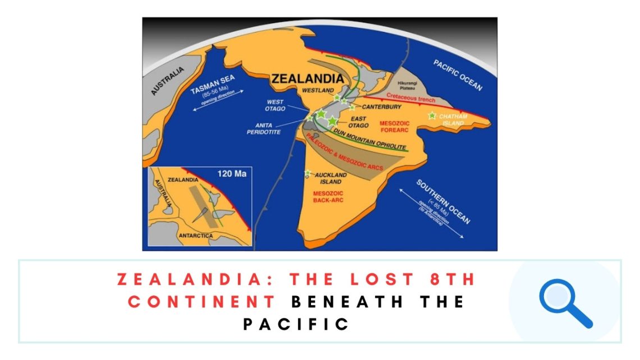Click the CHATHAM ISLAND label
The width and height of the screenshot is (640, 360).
[x=451, y=120]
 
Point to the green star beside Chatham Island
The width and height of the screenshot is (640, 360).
[x=432, y=116]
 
